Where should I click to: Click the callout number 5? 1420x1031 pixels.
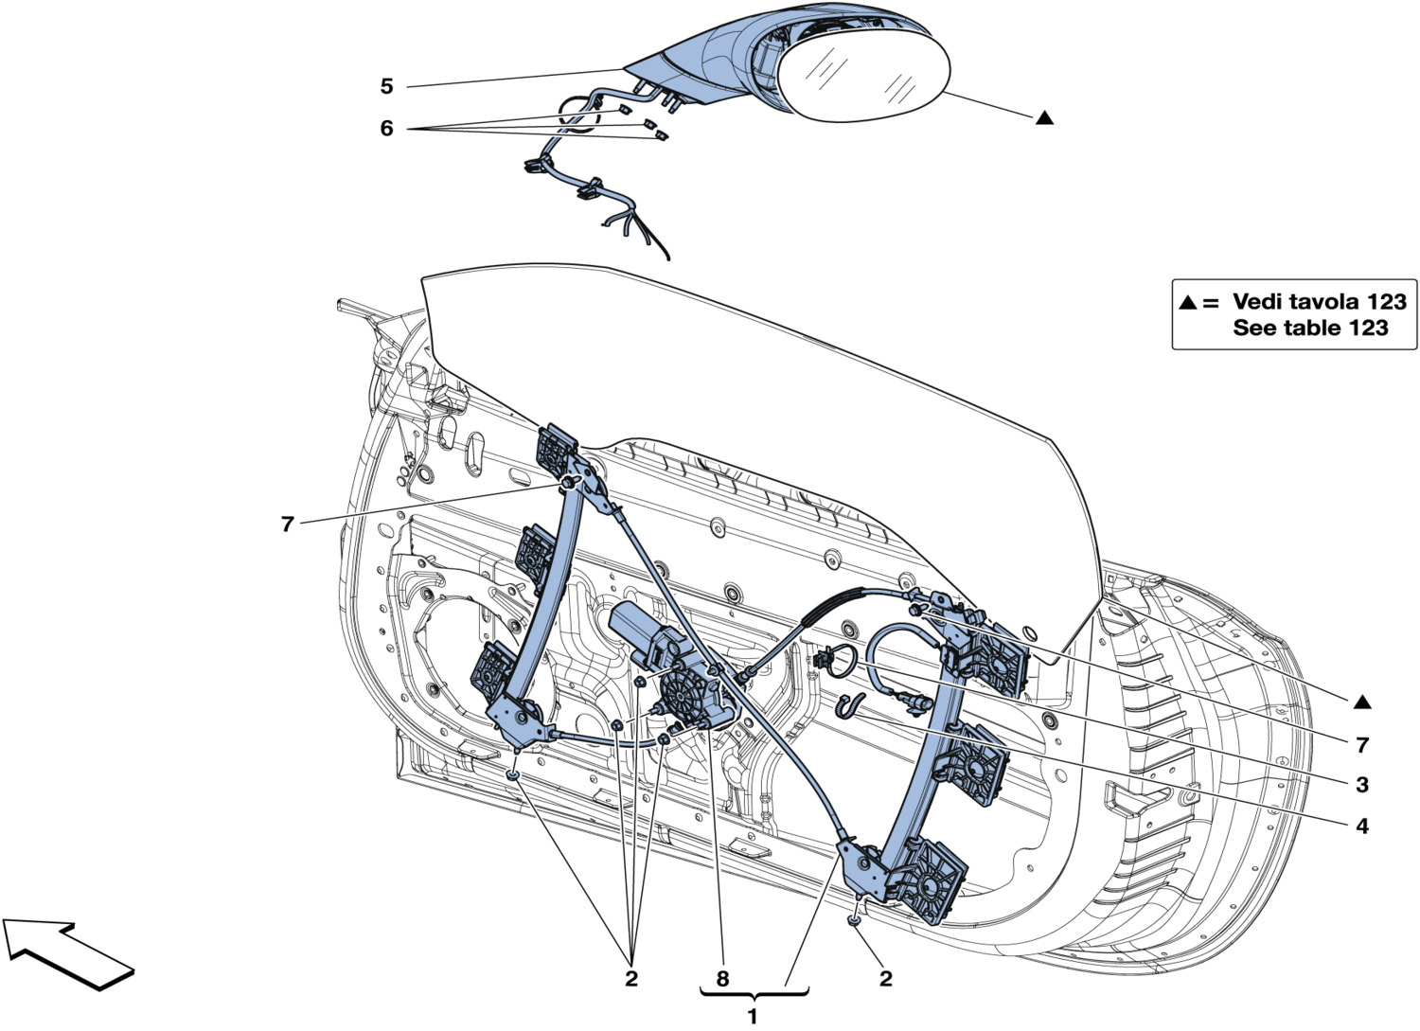(x=386, y=86)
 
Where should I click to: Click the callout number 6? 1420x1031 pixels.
(x=386, y=128)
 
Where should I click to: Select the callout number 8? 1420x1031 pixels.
(x=722, y=978)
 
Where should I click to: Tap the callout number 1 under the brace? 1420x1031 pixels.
(x=753, y=1017)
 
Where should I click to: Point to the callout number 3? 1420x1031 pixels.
(x=1361, y=785)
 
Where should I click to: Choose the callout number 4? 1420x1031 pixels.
(x=1361, y=827)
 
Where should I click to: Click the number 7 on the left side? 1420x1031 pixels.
(x=288, y=523)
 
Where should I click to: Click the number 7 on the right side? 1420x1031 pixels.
(x=1361, y=745)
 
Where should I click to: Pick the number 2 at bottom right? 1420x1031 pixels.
(x=885, y=978)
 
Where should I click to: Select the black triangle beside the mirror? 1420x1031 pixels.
(x=1043, y=118)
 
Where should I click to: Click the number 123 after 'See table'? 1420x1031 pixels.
(x=1367, y=329)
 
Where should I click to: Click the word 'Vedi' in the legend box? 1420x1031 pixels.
(x=1260, y=302)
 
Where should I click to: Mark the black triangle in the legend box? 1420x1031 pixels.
(x=1187, y=303)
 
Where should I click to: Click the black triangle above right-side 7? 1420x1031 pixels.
(x=1361, y=702)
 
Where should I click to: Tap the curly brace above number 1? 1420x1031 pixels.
(x=754, y=994)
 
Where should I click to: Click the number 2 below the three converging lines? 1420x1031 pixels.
(x=630, y=978)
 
